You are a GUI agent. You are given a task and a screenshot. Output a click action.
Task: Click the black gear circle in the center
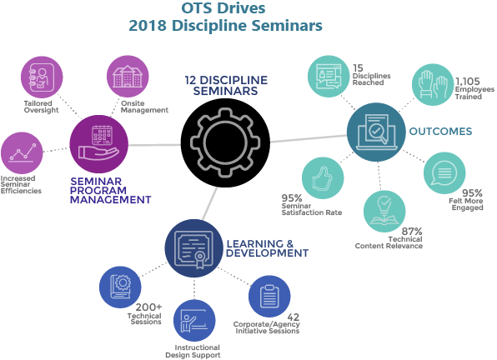(x=225, y=142)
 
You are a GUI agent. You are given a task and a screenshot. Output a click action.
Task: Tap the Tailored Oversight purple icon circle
(x=42, y=77)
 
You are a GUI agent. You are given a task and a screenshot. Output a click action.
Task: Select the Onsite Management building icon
(x=128, y=77)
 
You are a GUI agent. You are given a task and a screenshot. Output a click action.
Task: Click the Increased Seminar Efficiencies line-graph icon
(x=22, y=153)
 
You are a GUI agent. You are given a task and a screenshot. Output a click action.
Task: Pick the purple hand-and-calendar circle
(x=99, y=144)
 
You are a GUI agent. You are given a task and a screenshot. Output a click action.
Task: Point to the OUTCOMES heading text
(x=440, y=132)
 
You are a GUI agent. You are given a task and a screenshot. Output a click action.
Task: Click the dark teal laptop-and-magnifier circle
(x=376, y=132)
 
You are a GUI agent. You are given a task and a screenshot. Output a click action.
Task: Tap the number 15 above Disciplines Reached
(x=358, y=67)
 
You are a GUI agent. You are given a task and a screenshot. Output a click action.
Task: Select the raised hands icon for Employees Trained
(x=433, y=84)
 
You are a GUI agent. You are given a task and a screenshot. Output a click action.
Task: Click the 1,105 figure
(x=468, y=82)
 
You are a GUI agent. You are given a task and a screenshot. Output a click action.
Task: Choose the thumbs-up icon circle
(x=323, y=178)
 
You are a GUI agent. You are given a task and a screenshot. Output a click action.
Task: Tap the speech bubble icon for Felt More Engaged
(x=444, y=172)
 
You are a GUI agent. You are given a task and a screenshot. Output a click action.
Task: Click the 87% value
(x=412, y=232)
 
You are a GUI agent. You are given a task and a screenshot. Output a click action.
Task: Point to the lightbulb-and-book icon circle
(x=384, y=211)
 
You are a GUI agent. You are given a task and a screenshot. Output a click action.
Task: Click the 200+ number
(x=148, y=307)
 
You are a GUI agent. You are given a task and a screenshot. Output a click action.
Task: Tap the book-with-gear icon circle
(x=120, y=287)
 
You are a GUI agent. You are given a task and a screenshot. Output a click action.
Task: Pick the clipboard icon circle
(x=269, y=297)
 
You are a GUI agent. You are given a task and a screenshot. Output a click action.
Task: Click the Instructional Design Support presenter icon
(x=194, y=321)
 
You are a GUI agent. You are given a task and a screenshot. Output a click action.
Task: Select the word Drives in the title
(x=243, y=7)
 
